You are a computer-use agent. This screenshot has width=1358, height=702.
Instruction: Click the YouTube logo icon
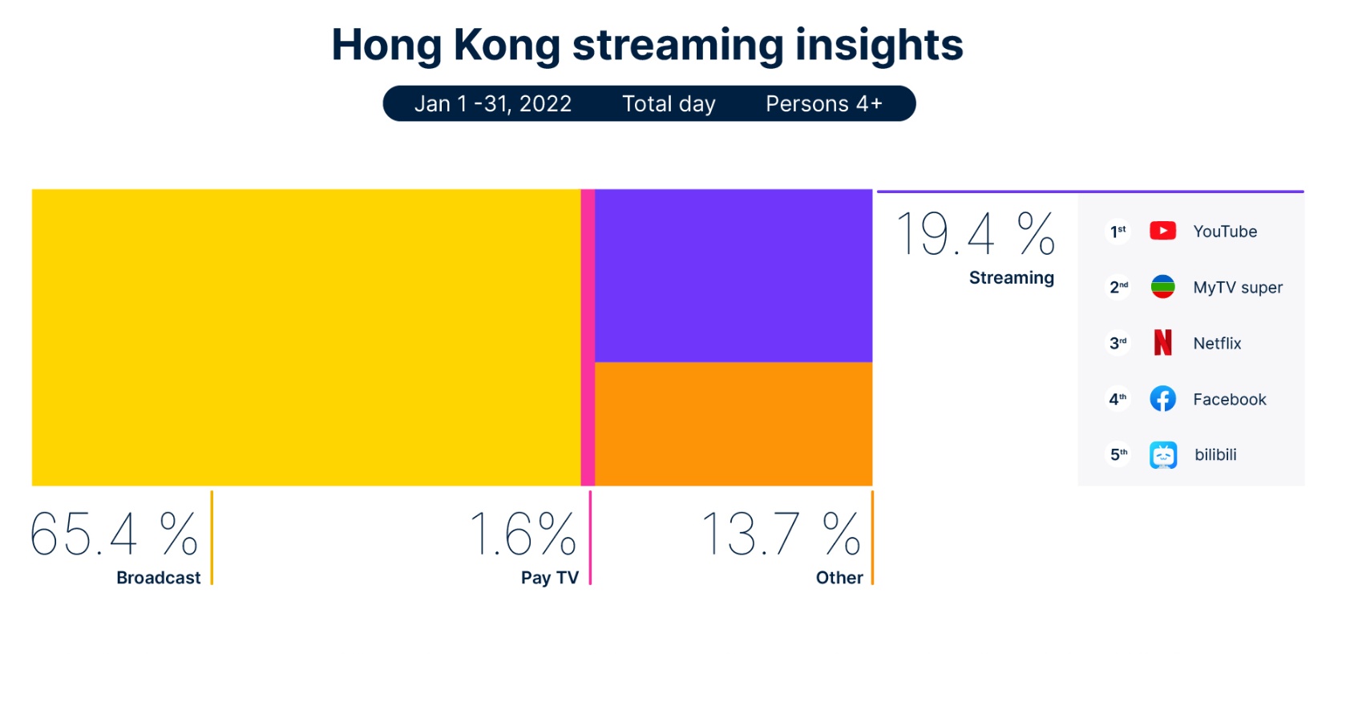(1162, 231)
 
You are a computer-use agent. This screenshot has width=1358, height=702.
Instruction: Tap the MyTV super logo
(1162, 287)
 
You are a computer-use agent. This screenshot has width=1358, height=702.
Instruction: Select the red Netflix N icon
(1162, 343)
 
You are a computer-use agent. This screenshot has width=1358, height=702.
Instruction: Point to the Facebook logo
(1162, 399)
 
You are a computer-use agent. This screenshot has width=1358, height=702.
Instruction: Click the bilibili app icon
(1162, 455)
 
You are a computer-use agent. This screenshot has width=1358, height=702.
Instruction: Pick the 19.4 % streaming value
(975, 234)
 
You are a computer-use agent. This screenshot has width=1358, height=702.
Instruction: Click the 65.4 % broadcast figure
(114, 534)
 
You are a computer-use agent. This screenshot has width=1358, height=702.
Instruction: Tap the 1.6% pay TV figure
(523, 534)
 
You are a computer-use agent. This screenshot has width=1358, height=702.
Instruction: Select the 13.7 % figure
(781, 534)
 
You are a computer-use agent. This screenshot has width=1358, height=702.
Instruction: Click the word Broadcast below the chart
(159, 578)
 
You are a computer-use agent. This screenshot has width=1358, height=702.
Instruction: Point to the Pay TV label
(549, 578)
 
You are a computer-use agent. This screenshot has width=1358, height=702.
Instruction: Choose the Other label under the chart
(839, 578)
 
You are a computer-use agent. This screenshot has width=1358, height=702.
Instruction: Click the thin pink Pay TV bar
(588, 337)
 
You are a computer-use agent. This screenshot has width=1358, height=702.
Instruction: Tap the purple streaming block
(733, 276)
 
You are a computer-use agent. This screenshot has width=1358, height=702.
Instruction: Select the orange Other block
(733, 424)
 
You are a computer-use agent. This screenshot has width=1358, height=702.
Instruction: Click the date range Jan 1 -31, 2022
(493, 104)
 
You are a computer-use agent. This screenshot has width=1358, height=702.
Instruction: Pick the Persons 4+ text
(823, 104)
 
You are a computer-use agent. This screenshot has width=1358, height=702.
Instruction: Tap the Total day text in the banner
(669, 104)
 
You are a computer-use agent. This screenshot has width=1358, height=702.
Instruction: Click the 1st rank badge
(1118, 232)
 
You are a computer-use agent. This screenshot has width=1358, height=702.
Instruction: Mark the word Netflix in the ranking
(1217, 344)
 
